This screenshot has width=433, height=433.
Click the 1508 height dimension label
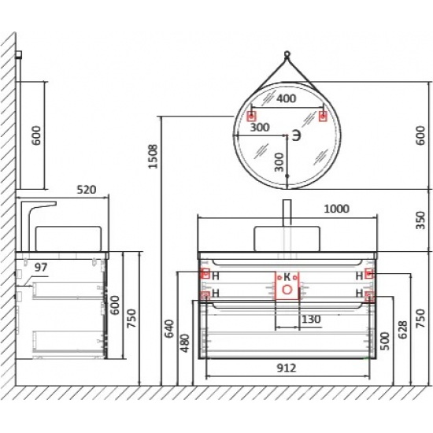point(153,157)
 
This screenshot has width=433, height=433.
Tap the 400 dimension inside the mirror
point(287,98)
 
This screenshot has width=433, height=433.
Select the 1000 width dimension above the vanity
point(337,209)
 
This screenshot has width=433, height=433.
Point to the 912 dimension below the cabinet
point(286,368)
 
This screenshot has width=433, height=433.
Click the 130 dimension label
point(311,320)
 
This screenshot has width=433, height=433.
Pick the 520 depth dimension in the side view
point(87,190)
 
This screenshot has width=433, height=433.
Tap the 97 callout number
point(41,268)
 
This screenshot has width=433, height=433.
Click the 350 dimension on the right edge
point(420,220)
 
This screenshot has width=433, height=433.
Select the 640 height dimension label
point(169,328)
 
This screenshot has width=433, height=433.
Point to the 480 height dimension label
point(185,343)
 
